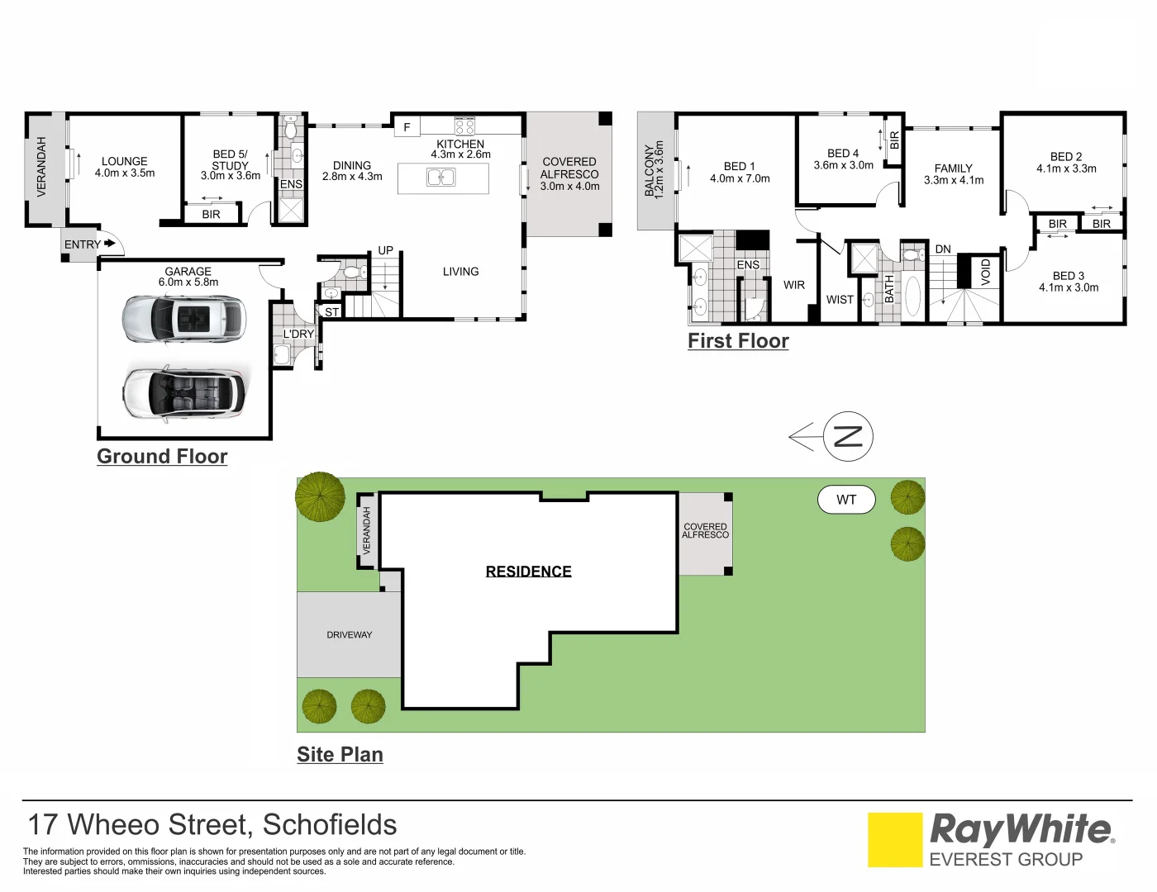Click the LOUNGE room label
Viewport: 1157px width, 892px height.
point(125,162)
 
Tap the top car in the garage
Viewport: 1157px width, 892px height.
point(183,319)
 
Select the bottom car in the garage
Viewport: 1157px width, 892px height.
point(184,393)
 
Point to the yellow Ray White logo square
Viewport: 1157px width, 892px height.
point(894,840)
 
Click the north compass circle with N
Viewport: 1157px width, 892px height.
point(848,436)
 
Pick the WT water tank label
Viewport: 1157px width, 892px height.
point(846,500)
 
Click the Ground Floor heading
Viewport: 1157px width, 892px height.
point(162,457)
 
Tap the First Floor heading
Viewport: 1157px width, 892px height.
point(738,341)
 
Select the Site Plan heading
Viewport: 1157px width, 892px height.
point(340,755)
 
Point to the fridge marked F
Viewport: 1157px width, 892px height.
point(407,127)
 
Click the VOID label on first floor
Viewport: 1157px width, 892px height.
point(985,272)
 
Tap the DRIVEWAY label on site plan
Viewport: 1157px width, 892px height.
point(350,635)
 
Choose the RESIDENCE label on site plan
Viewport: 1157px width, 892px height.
point(528,572)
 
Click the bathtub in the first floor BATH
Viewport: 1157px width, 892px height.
point(912,297)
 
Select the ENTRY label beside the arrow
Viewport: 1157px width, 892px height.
point(82,244)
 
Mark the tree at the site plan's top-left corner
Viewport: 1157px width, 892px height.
point(320,496)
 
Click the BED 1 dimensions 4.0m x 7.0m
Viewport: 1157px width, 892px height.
point(740,178)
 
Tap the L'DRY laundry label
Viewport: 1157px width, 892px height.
point(298,334)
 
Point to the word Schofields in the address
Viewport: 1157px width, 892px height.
point(329,825)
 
